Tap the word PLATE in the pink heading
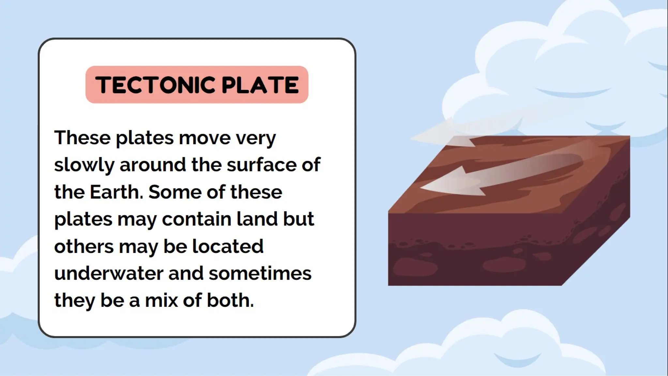[260, 85]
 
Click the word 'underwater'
[109, 273]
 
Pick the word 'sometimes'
[260, 273]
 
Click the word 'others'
[84, 246]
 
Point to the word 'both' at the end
[230, 300]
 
